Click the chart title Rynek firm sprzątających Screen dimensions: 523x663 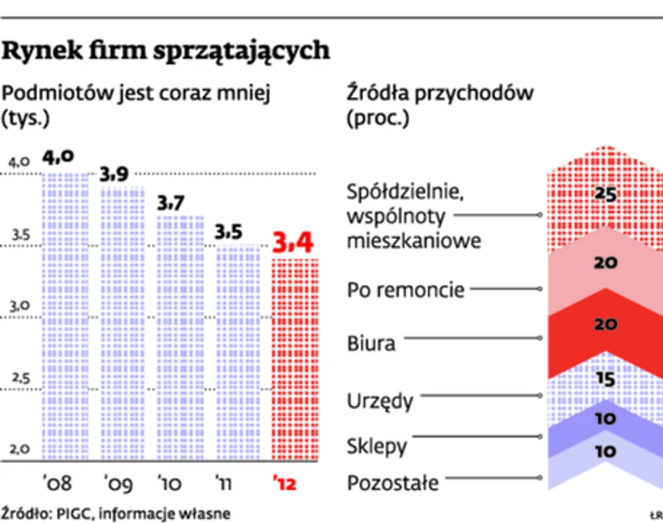[x=167, y=51]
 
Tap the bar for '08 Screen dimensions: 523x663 [x=65, y=313]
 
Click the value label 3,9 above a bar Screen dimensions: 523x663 [x=114, y=175]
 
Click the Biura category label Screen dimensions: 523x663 [x=371, y=343]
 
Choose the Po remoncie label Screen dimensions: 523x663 [x=405, y=290]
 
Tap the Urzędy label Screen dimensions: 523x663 [x=380, y=402]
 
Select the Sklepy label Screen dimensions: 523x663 [x=377, y=447]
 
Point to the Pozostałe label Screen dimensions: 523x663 [x=393, y=482]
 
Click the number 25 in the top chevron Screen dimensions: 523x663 [x=605, y=195]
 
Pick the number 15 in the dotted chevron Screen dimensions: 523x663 [x=605, y=380]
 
